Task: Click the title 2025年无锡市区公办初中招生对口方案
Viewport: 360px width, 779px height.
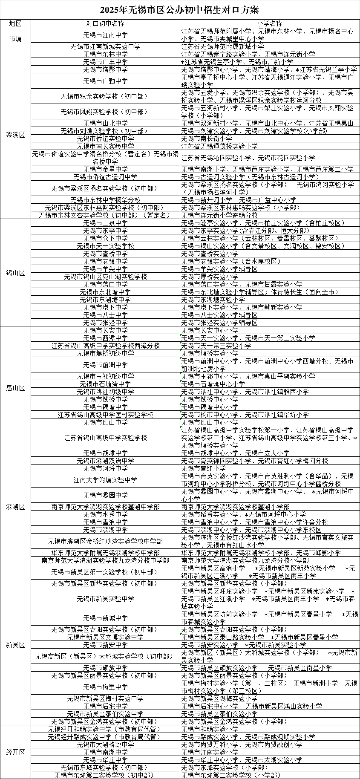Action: tap(180, 9)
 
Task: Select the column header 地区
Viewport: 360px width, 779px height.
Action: tap(16, 23)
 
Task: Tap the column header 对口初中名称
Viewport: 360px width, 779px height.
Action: tap(105, 23)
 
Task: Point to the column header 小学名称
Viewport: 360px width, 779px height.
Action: tap(270, 23)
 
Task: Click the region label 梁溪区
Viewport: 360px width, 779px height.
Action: tap(16, 135)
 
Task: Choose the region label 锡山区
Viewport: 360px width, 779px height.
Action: tap(16, 273)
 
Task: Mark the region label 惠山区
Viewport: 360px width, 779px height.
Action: tap(16, 387)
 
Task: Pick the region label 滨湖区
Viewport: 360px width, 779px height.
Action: tap(16, 507)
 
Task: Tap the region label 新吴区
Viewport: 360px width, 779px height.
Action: tap(16, 645)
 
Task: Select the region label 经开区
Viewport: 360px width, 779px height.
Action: tap(16, 752)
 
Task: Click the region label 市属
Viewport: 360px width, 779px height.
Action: tap(16, 39)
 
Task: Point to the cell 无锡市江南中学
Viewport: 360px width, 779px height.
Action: tap(105, 35)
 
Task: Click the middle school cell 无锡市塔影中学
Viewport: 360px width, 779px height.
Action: tap(105, 69)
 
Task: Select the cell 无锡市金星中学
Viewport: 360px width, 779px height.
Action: tap(105, 169)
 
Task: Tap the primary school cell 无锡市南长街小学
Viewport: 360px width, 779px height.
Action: tap(207, 138)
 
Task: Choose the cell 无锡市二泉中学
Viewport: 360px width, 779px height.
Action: tap(105, 223)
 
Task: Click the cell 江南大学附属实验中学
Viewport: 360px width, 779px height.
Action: tap(105, 480)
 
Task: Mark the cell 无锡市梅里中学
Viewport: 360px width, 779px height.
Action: tap(105, 687)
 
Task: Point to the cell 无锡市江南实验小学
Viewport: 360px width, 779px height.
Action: tap(210, 752)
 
